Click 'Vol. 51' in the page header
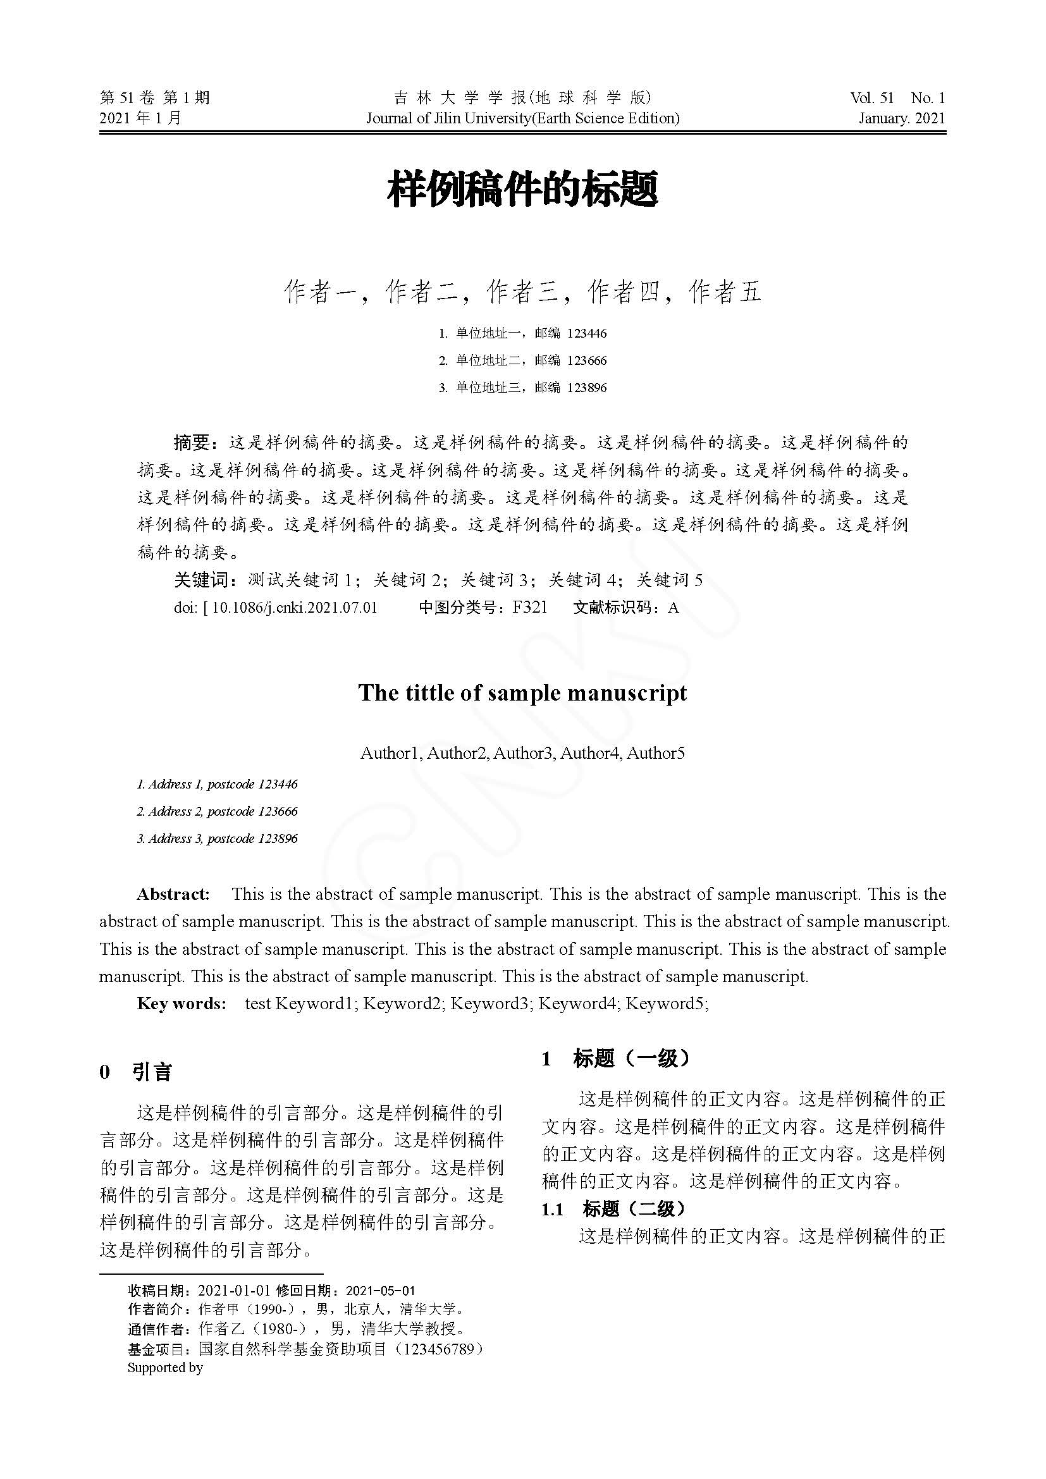coord(871,98)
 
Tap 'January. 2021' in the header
coord(901,118)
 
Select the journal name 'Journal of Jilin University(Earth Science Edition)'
coord(522,118)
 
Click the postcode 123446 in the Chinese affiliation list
coord(587,333)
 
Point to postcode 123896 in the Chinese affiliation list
coord(587,387)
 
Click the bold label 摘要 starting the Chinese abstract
coord(192,443)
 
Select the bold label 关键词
coord(201,580)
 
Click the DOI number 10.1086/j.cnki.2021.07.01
coord(294,608)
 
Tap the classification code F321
coord(529,608)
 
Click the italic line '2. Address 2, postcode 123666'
coord(217,811)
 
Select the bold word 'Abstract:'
coord(173,894)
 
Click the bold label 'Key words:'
coord(181,1003)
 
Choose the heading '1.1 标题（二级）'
coord(613,1209)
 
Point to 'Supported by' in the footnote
coord(165,1367)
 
